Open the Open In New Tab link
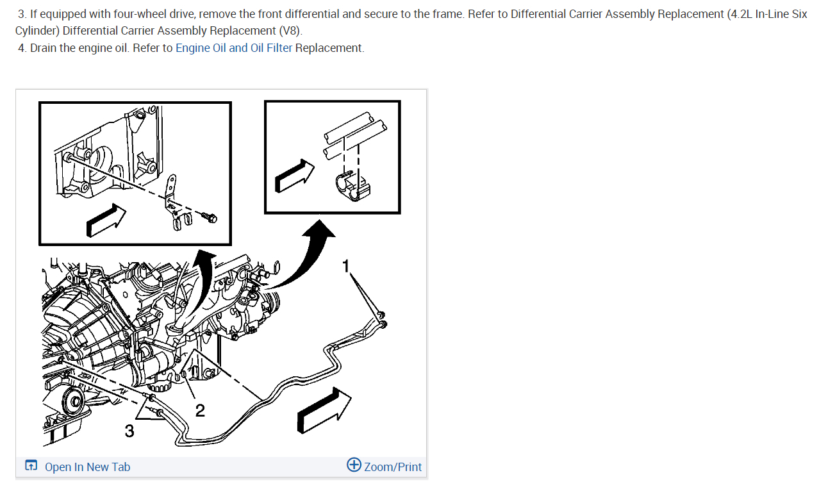pos(87,467)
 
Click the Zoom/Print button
pos(392,467)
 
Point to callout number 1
pos(346,266)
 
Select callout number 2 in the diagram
pos(200,410)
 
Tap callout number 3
pos(129,431)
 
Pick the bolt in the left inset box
pos(210,219)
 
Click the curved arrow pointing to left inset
pos(203,276)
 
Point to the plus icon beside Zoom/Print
pos(354,465)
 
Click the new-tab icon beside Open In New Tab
pos(31,466)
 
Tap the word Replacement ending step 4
pos(329,48)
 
